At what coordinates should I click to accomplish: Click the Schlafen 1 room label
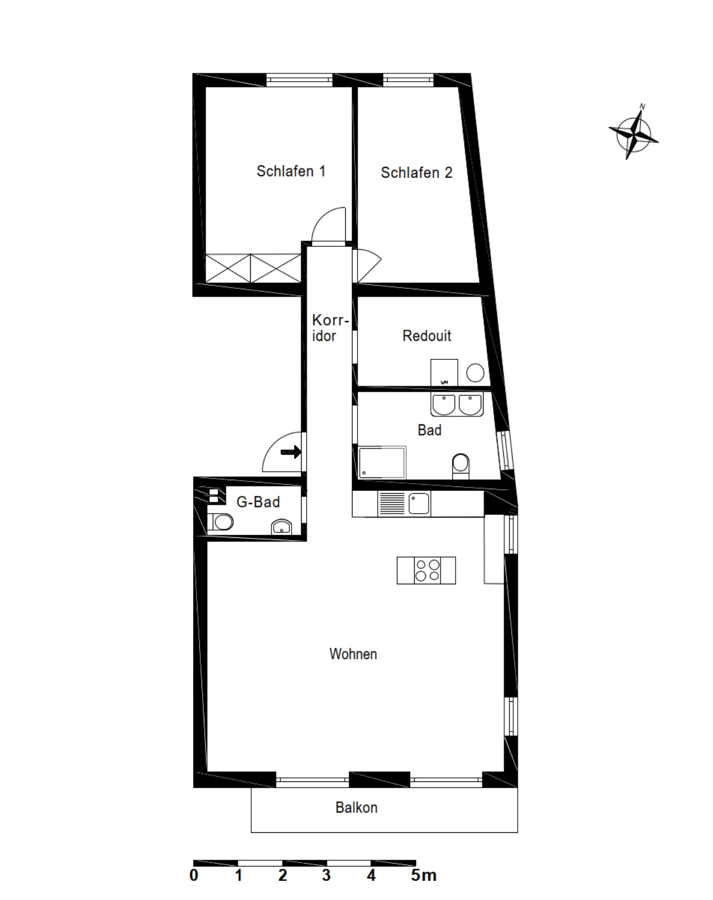290,171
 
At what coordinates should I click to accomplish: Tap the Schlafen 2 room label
416,173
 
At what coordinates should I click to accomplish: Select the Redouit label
426,336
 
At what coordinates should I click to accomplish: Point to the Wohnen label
353,654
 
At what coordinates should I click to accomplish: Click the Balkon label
356,808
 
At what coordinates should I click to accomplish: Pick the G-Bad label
258,502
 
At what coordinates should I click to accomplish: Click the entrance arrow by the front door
291,452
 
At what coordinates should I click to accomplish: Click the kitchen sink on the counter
419,503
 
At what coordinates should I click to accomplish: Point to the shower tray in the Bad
382,462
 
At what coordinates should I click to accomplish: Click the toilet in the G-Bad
222,522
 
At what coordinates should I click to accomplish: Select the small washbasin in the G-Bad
282,527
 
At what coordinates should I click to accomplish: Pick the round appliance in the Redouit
475,373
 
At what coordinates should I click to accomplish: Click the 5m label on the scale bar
423,875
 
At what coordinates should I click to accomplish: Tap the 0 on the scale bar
194,875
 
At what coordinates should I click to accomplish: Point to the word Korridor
329,328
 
